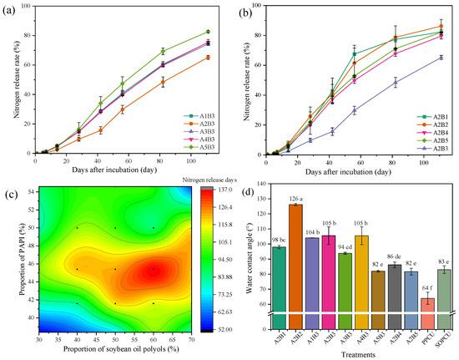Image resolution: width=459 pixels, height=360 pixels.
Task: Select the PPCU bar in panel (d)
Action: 426,304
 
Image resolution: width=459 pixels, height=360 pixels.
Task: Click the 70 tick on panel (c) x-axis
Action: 192,340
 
